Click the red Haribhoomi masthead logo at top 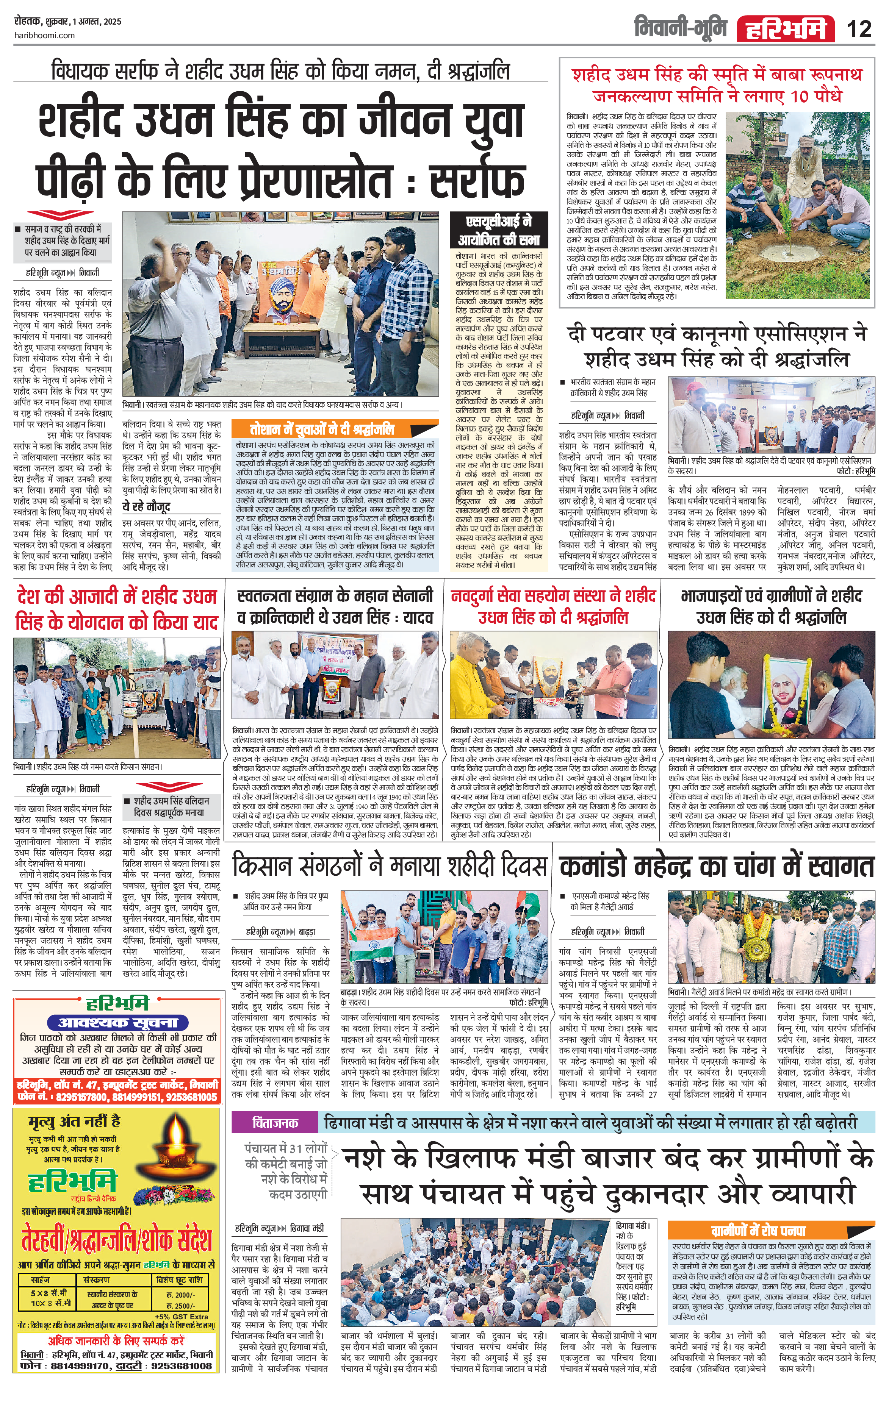pyautogui.click(x=786, y=29)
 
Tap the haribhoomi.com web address pyautogui.click(x=44, y=36)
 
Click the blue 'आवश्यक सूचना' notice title pyautogui.click(x=118, y=1022)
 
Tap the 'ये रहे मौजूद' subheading pyautogui.click(x=146, y=506)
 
